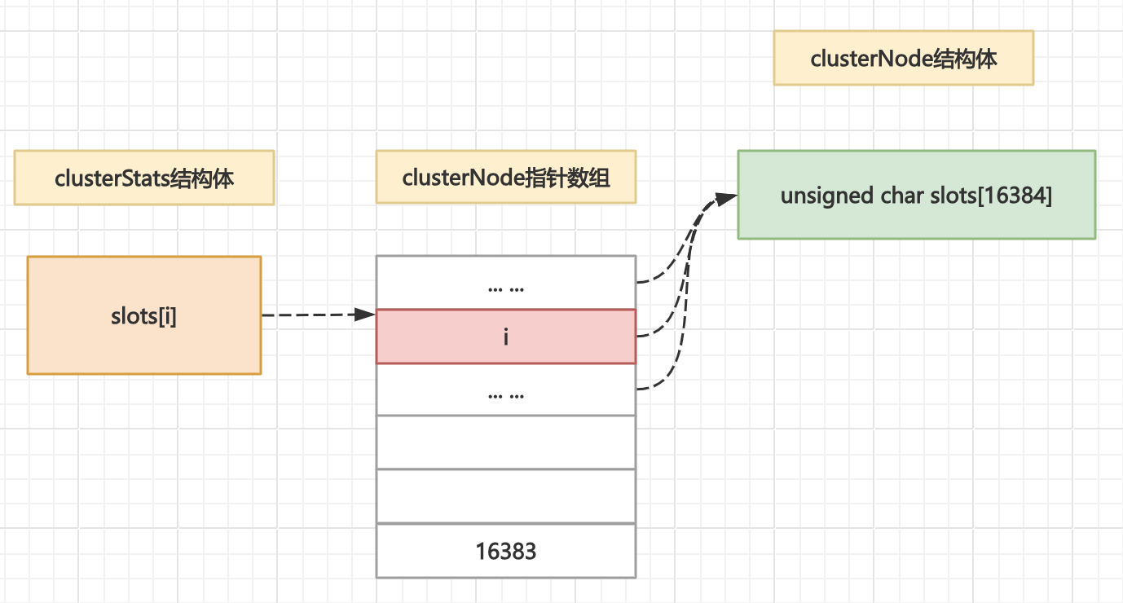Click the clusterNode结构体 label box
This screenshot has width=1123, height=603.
903,59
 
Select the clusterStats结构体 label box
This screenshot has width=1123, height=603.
143,178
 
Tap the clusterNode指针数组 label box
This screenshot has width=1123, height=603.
505,178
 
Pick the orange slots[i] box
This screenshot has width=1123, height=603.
143,316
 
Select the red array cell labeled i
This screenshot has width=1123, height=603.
505,337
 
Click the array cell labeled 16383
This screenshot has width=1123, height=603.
505,551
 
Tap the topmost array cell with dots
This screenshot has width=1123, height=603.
505,283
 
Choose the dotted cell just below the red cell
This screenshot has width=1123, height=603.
505,390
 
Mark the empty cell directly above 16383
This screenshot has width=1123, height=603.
505,496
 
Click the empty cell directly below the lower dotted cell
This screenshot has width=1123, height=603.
505,442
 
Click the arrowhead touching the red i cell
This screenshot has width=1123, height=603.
366,315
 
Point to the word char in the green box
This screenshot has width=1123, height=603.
900,196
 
